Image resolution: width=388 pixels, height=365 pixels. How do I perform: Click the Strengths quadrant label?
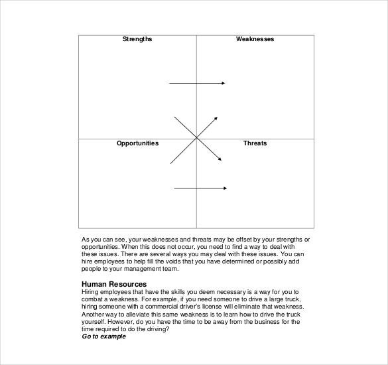[x=137, y=39]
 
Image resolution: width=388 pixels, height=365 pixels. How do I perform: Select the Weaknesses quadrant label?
[x=255, y=39]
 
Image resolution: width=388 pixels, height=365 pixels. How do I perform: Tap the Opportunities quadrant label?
[x=137, y=143]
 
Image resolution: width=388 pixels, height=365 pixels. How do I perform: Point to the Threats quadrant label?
[x=255, y=143]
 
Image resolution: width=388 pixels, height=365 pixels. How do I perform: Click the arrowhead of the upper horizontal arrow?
[x=223, y=83]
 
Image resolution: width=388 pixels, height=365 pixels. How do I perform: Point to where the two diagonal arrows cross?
[x=196, y=138]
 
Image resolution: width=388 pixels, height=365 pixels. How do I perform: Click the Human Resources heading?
[x=113, y=285]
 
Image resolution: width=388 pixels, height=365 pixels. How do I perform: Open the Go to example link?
[x=103, y=336]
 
